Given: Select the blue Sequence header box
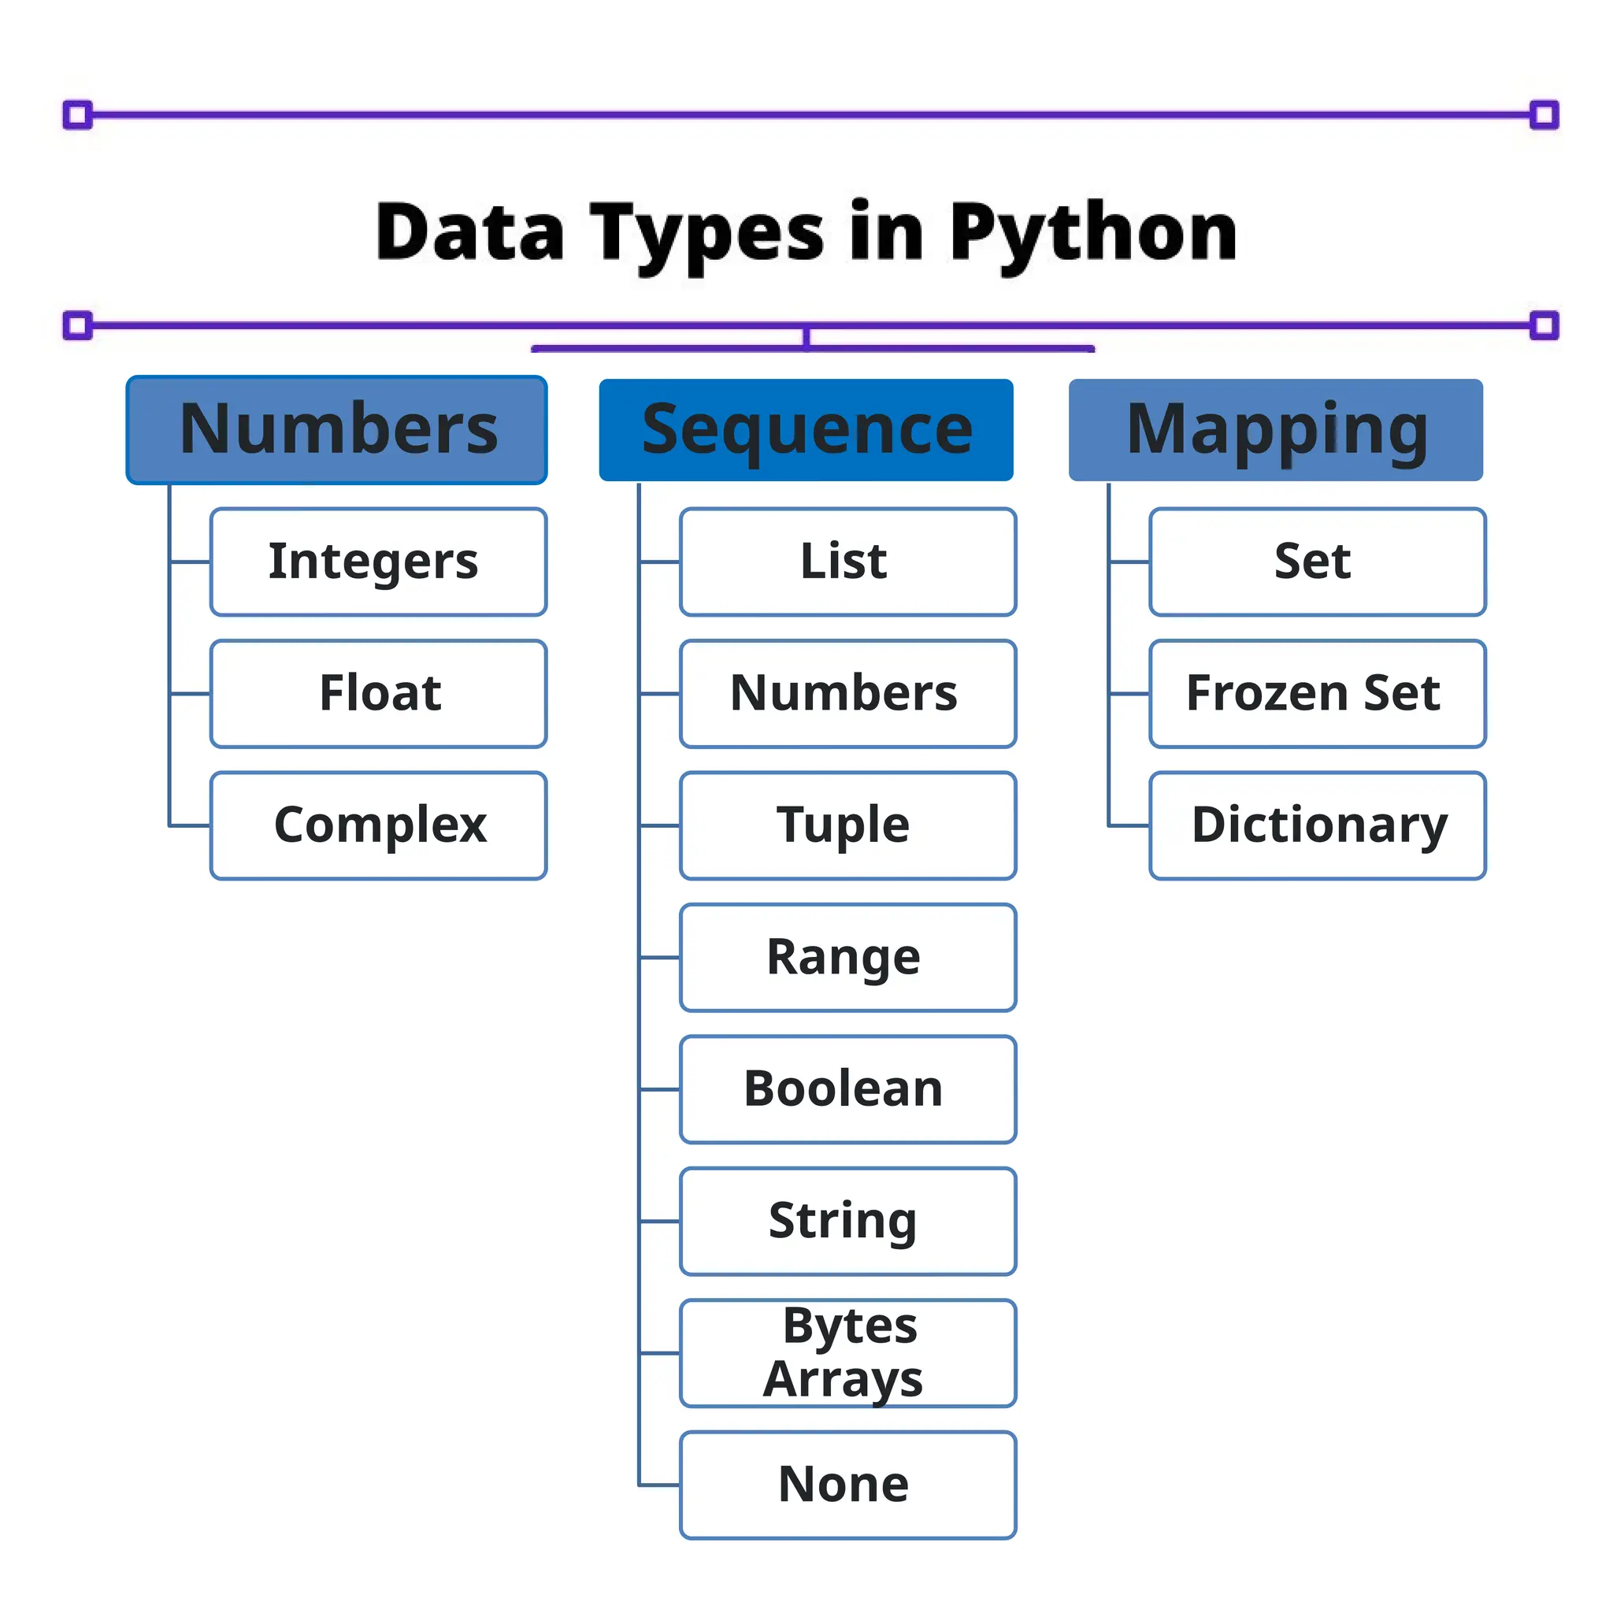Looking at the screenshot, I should (x=806, y=430).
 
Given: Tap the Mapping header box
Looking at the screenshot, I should (x=1276, y=430).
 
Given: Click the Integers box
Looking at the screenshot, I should (x=378, y=562).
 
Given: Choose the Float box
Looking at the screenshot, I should (x=378, y=694).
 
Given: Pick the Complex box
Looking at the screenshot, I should (x=378, y=825).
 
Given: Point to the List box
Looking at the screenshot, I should (x=847, y=562).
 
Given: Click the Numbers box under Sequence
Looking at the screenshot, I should (x=847, y=694).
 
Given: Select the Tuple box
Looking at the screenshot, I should (x=847, y=825).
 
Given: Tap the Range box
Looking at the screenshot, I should (x=847, y=958).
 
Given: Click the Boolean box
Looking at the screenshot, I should (x=847, y=1089).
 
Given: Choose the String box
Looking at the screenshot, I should (x=847, y=1222).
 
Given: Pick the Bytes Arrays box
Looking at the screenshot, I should (x=847, y=1353).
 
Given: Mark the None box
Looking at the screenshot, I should (x=847, y=1485).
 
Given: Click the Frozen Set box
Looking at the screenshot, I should (x=1317, y=694).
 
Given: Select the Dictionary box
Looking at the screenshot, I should (x=1317, y=825).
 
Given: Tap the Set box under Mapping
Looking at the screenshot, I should (x=1317, y=562).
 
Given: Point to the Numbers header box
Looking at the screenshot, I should (x=336, y=430).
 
